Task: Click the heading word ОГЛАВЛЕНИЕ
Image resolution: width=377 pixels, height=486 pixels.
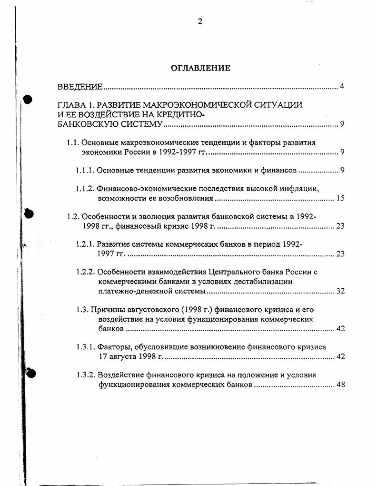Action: tap(200, 68)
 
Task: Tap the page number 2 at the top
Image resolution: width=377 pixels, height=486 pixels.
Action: tap(200, 21)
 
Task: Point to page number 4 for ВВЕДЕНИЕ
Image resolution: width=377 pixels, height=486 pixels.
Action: tap(342, 87)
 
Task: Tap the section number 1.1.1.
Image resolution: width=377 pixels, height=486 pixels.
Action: tap(86, 170)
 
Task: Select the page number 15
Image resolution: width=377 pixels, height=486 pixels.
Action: tap(340, 198)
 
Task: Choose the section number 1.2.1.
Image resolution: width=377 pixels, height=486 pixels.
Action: tap(86, 244)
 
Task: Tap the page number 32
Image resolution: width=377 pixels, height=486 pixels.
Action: tap(340, 291)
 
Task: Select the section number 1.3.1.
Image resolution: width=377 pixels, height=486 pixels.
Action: tap(86, 347)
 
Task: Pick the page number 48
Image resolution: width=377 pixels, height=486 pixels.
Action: tap(340, 385)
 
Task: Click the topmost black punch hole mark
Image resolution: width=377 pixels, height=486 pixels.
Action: tap(28, 100)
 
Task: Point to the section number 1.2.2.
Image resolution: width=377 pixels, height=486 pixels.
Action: tap(86, 272)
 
